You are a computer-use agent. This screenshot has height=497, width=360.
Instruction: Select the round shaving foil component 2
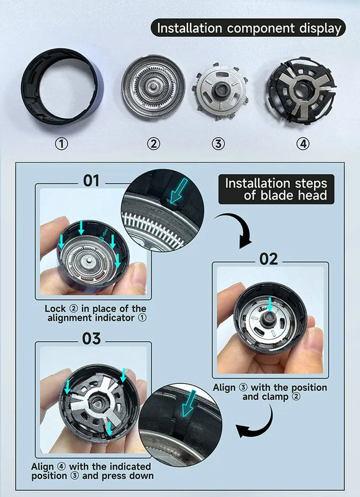pos(153,86)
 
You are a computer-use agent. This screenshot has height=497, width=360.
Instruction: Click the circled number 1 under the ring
pos(61,144)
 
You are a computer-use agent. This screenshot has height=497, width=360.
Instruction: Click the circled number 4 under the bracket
pos(303,144)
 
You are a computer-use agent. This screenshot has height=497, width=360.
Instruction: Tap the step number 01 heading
pos(91,181)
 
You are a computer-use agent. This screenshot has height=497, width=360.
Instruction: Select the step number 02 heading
pos(269,259)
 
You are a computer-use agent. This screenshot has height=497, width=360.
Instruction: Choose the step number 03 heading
pos(91,339)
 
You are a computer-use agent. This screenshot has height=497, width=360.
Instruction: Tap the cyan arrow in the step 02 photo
pos(270,304)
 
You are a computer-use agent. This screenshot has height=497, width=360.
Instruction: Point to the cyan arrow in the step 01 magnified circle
pos(178,191)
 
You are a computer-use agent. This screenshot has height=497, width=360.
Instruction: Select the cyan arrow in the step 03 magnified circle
pos(189,403)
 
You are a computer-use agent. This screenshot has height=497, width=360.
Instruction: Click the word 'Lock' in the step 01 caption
pos(55,308)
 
